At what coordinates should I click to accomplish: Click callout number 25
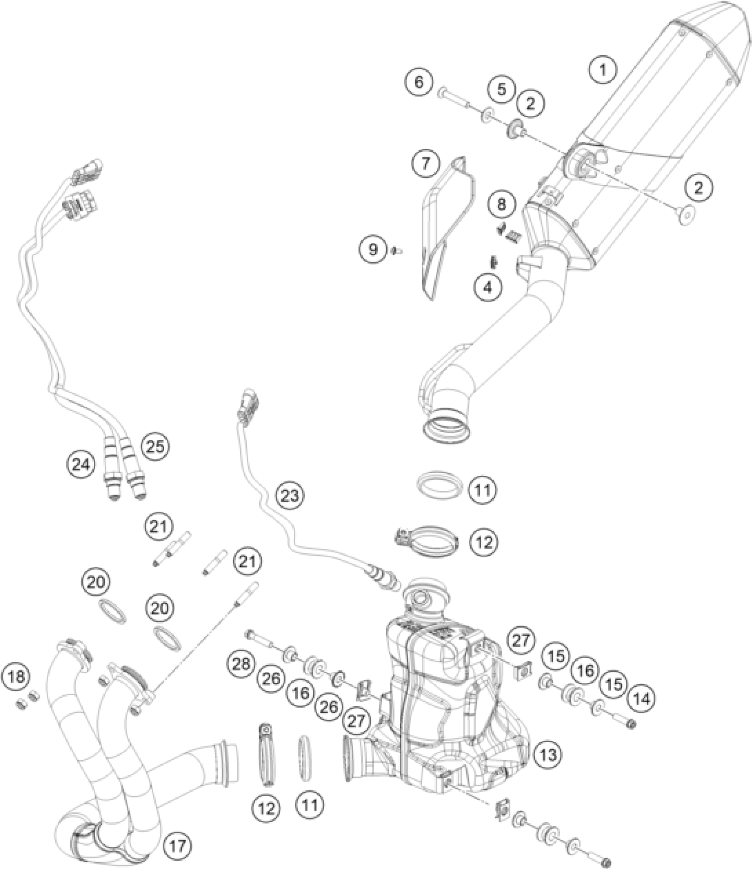click(155, 447)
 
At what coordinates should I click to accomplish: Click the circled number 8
click(501, 204)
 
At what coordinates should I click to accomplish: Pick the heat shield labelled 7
click(447, 212)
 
